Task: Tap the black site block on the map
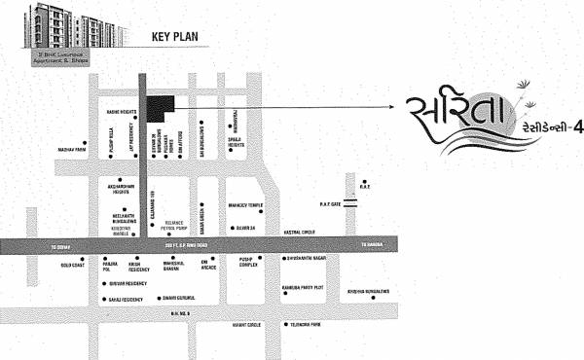(160, 109)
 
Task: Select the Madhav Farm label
(71, 151)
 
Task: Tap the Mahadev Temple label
(244, 206)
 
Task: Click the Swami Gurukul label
(178, 297)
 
